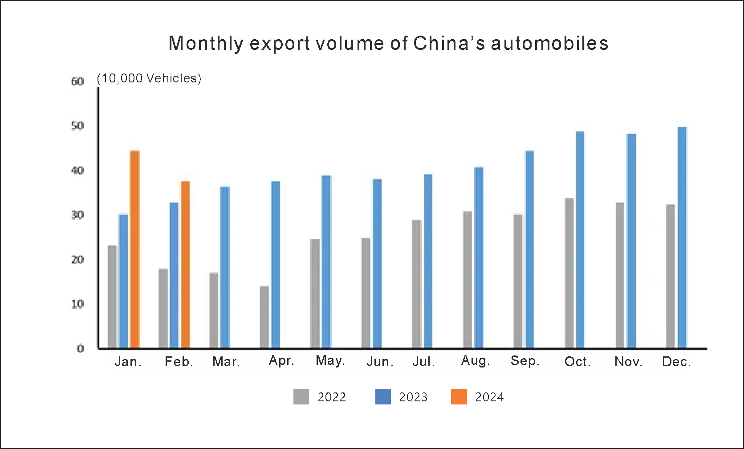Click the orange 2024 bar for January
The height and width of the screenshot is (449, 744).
click(134, 249)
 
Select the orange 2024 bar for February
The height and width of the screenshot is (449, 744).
click(185, 265)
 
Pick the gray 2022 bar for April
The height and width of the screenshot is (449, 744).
click(264, 317)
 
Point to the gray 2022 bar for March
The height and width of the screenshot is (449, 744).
click(214, 310)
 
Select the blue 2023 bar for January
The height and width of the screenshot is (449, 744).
click(123, 281)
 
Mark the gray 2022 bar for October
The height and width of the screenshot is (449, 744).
click(569, 273)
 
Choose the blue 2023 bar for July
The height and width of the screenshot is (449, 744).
click(428, 261)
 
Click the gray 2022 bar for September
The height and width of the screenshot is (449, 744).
click(518, 281)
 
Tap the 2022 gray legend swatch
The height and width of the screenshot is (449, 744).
click(301, 396)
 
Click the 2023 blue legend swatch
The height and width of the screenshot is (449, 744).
click(383, 396)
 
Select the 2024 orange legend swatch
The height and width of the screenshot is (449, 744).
click(459, 396)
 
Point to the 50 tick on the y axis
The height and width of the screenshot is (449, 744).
click(77, 126)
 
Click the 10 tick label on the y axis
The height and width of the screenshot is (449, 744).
click(77, 304)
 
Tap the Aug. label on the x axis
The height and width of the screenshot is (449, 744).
click(476, 360)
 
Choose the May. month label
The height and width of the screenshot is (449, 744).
click(330, 360)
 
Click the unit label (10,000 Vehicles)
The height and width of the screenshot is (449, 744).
click(149, 78)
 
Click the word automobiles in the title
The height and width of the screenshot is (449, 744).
click(549, 43)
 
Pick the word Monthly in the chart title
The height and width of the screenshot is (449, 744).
click(206, 44)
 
